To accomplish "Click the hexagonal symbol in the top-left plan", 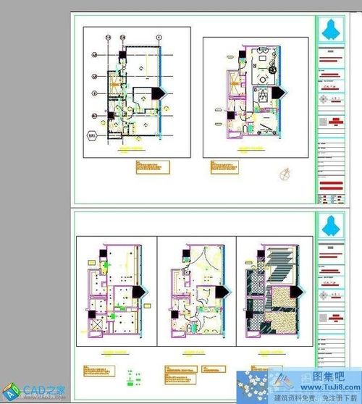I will [93, 134].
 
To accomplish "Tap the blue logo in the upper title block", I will [330, 29].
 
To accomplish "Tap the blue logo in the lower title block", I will [330, 225].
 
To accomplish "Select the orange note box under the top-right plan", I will [224, 167].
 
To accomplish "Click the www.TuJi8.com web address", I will [329, 387].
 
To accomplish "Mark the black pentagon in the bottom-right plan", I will [297, 290].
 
